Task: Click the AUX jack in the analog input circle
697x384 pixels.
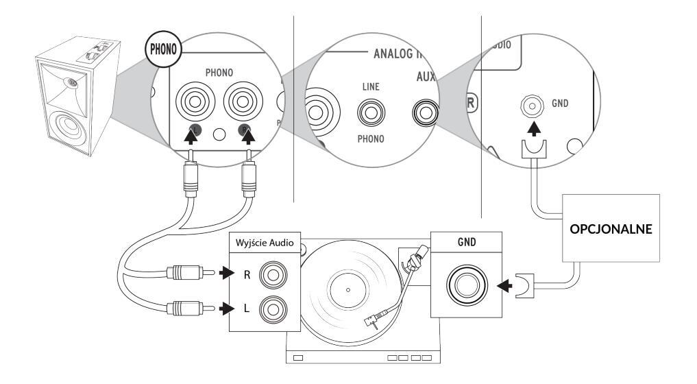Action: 423,110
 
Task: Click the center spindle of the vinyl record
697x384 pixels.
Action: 347,291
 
